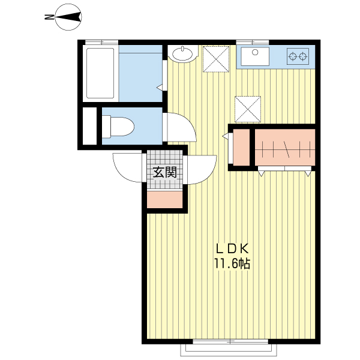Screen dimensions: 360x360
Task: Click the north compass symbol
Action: [x=68, y=17]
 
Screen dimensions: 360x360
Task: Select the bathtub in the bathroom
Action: [x=100, y=73]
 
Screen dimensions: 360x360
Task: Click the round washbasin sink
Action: [x=182, y=54]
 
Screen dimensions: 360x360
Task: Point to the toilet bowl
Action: [x=118, y=127]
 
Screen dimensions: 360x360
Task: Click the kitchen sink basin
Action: [x=255, y=56]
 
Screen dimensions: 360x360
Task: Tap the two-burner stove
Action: [x=298, y=56]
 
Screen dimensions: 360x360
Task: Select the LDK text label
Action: [x=232, y=249]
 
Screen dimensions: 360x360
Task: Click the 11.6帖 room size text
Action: [x=232, y=263]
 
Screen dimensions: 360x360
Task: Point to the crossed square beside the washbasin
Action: [x=216, y=59]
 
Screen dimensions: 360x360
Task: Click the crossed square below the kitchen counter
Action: [x=248, y=109]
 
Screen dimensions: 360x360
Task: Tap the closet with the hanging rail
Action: [x=285, y=147]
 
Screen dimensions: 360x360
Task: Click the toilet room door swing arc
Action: [x=190, y=124]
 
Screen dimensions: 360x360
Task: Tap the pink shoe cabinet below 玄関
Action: [x=164, y=200]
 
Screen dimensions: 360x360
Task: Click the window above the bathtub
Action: [x=101, y=42]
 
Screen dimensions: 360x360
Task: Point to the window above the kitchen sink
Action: [x=253, y=42]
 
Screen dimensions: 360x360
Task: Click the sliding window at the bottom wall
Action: [x=230, y=341]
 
